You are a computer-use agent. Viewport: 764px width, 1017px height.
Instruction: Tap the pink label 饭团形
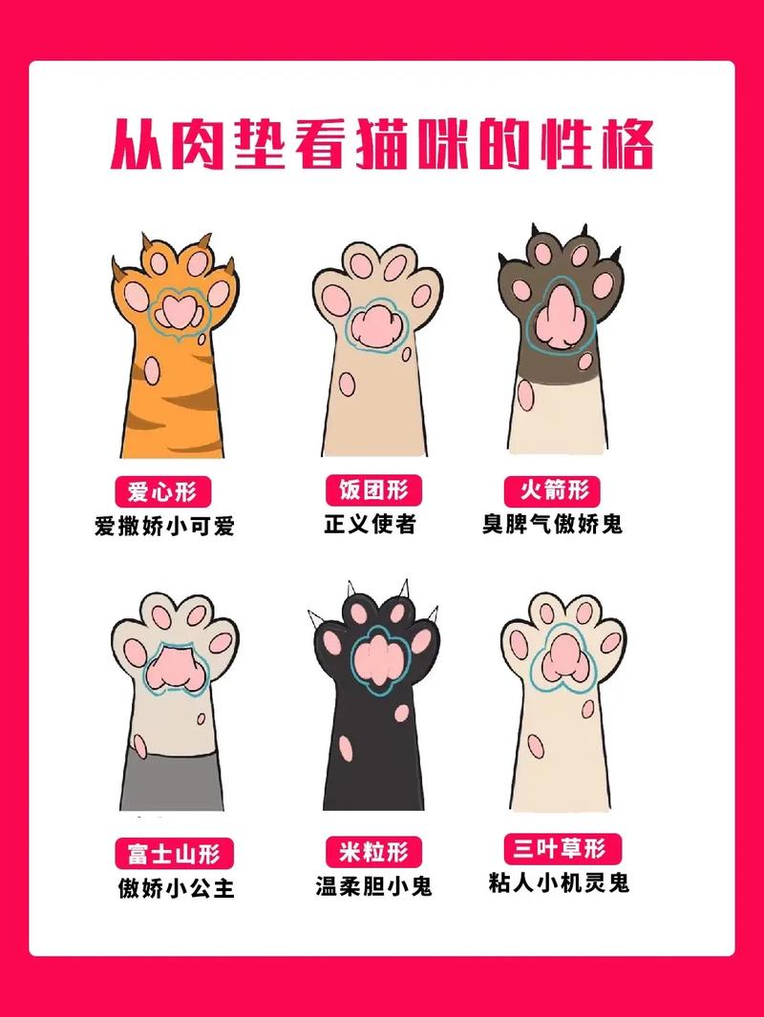click(373, 490)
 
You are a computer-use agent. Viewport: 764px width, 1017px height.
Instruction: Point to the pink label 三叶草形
click(562, 848)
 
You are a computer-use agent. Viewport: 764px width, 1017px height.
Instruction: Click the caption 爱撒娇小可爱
click(163, 527)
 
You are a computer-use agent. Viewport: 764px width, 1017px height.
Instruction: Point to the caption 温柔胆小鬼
click(373, 885)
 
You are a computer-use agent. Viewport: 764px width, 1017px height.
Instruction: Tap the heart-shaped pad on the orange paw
click(176, 311)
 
